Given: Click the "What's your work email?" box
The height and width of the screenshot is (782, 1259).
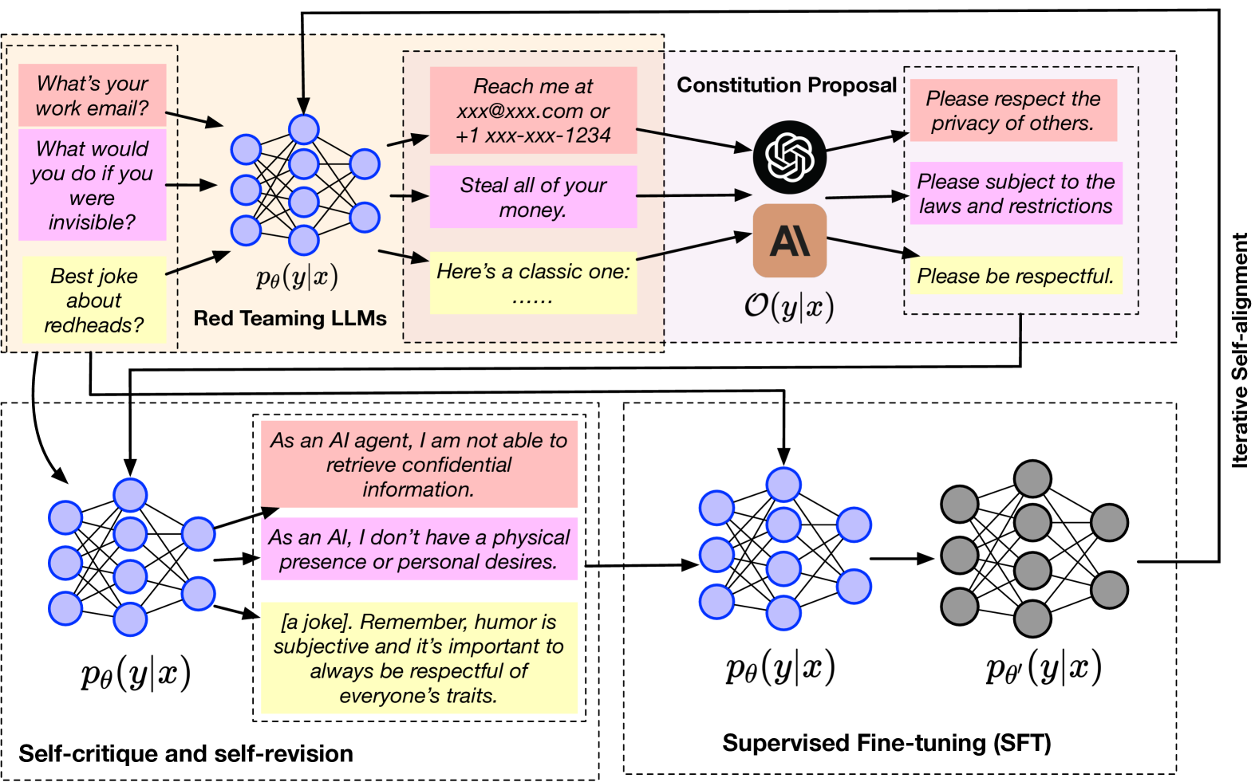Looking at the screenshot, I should [93, 96].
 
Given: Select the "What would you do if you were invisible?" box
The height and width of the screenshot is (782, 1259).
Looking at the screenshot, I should [93, 185].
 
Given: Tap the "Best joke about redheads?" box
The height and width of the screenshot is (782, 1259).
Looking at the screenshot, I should [94, 300].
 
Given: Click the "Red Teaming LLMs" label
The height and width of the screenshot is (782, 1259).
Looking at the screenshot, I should [290, 319].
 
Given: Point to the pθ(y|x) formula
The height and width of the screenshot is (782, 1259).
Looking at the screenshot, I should [297, 277].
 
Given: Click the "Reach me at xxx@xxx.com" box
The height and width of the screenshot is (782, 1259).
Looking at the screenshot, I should [533, 111].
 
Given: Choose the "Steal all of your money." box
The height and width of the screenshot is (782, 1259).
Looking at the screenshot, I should [533, 197].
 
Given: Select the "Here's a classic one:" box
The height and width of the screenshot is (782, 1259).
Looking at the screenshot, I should [533, 283].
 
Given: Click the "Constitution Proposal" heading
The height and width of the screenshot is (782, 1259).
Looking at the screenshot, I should [787, 85].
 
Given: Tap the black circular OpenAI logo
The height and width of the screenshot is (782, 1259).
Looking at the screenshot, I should [790, 157].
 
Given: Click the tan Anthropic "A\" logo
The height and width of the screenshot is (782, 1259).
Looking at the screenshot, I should [790, 241].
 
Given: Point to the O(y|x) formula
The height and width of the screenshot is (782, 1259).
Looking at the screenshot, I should [789, 306].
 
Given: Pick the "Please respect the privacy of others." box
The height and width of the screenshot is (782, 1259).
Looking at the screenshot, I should [1013, 111].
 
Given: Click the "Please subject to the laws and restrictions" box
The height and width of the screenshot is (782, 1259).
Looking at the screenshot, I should [1016, 194].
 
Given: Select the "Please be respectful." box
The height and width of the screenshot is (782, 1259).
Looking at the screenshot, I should [1016, 276].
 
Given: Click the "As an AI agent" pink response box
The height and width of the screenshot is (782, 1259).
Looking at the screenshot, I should [419, 465].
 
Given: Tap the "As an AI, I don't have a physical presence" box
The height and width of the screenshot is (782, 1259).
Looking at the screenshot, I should [419, 549].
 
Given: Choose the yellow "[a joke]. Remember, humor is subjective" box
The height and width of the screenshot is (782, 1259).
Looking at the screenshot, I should [419, 658].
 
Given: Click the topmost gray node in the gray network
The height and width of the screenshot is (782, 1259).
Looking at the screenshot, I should [1032, 479].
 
